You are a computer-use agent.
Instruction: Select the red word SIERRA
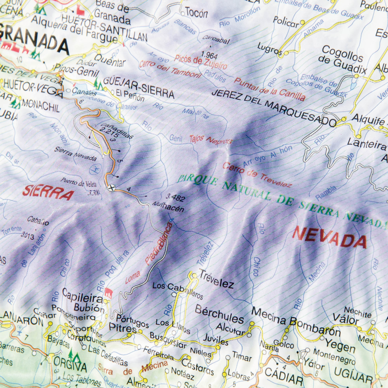click(x=48, y=193)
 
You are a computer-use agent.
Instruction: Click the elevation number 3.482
click(x=176, y=197)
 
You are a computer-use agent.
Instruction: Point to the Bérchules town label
click(x=219, y=314)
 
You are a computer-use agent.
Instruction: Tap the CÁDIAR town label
click(x=284, y=373)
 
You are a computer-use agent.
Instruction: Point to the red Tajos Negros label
click(x=211, y=140)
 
